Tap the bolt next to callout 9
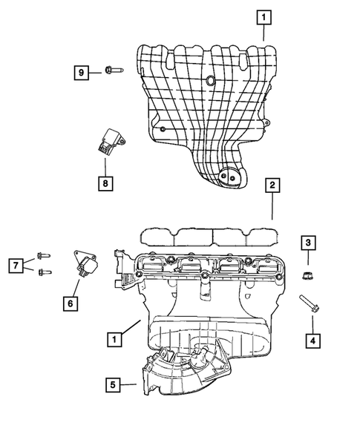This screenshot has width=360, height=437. click(x=113, y=72)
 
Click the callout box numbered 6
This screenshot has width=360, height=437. click(x=70, y=303)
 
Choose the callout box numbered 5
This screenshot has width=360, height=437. click(x=113, y=384)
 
